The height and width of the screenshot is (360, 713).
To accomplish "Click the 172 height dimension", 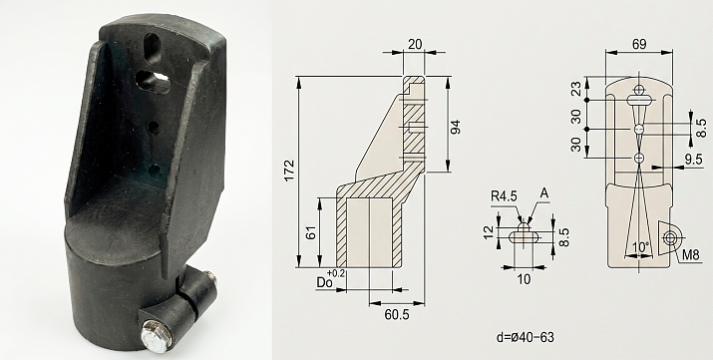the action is (x=289, y=171).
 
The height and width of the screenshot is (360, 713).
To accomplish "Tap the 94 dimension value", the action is (x=455, y=127).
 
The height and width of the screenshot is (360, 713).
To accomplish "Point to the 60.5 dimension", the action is (x=397, y=314).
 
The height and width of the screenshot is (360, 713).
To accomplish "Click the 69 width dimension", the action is (x=639, y=44).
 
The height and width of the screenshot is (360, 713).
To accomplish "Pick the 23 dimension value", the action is (x=576, y=89).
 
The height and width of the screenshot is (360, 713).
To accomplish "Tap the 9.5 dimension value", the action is (x=693, y=160).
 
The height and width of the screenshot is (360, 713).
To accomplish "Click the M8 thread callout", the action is (x=691, y=255).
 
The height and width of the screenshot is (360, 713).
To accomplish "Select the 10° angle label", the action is (x=640, y=248).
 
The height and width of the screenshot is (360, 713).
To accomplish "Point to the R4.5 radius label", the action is (x=504, y=195).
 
